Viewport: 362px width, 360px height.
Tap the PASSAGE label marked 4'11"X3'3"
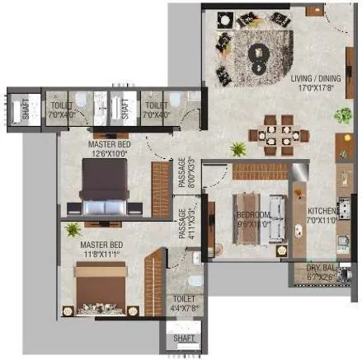tap(183, 223)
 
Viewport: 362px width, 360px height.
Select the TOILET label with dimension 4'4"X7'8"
tap(184, 300)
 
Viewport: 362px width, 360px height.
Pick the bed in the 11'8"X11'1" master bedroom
tap(99, 292)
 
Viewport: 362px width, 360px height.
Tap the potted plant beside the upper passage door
tap(238, 149)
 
